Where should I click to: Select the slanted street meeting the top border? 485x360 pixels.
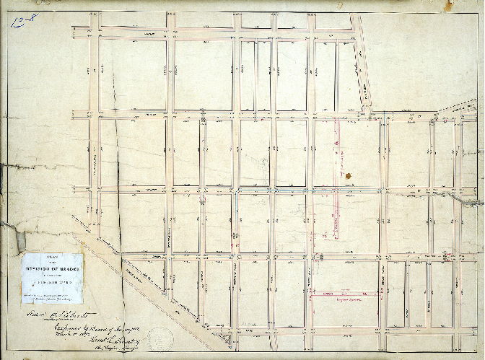coord(360,65)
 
